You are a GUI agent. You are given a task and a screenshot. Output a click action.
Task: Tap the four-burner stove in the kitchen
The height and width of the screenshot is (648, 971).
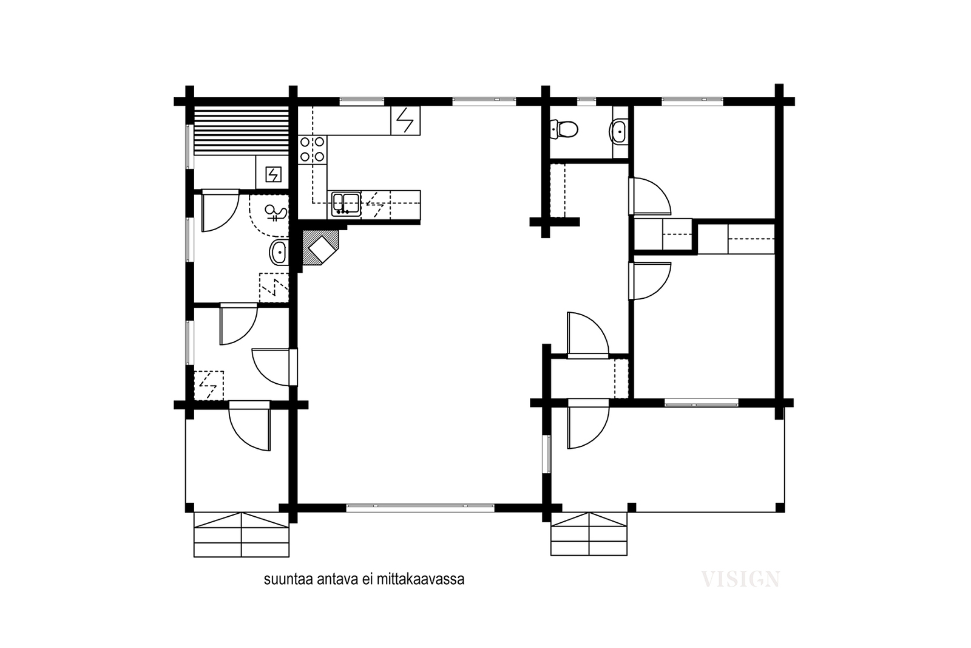313,149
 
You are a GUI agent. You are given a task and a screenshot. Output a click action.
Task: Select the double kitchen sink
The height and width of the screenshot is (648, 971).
346,204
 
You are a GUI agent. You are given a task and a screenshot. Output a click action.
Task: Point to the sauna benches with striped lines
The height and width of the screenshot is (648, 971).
241,130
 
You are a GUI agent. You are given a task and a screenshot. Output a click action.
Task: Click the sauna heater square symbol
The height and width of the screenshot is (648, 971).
273,175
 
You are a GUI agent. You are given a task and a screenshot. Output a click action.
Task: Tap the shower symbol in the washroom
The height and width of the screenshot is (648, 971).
276,213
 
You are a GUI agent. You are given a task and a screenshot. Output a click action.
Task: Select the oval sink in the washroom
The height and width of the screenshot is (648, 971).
279,252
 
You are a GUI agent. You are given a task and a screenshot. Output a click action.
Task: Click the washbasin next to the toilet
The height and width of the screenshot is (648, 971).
618,131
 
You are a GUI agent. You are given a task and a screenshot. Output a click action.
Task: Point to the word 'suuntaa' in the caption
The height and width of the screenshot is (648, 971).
289,579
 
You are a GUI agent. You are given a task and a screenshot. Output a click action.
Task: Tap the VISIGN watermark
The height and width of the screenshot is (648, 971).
740,579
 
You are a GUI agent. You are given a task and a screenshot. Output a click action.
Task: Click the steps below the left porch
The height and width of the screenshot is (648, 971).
242,534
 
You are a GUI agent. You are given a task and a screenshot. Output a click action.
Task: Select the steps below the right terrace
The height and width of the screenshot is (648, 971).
589,533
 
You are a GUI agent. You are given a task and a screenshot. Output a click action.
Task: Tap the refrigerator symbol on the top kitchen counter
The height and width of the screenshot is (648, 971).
405,120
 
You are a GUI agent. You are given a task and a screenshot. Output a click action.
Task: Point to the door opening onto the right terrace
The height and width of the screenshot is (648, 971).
588,424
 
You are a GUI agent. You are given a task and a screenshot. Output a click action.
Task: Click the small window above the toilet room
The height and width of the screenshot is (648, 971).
586,101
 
